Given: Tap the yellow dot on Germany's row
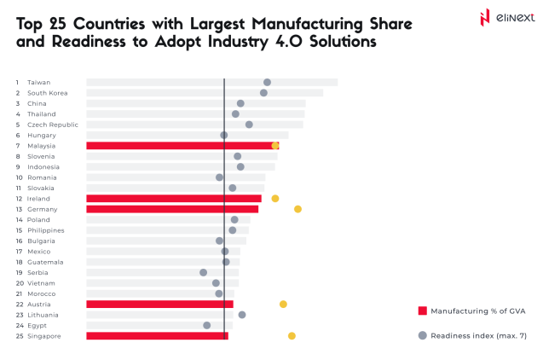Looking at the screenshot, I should [x=297, y=209].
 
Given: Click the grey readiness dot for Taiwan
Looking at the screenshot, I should [x=267, y=83].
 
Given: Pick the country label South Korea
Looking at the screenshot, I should [x=48, y=93].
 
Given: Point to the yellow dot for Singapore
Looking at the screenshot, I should [x=292, y=336].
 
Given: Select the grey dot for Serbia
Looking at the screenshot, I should [x=203, y=273].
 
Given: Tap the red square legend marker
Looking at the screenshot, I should [x=421, y=311].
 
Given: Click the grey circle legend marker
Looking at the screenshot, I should [x=421, y=335].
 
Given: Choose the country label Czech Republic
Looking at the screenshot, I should [x=53, y=125].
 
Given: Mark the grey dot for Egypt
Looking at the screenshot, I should [x=206, y=325].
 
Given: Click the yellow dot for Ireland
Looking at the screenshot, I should [x=274, y=199].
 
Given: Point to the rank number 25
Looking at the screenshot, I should [x=18, y=336].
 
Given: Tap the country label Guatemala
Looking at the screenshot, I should [x=44, y=262].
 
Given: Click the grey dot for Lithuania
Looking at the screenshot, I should [x=242, y=315].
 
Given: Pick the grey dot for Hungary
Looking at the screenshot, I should [x=224, y=135].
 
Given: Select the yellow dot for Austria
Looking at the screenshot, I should [x=283, y=304].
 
